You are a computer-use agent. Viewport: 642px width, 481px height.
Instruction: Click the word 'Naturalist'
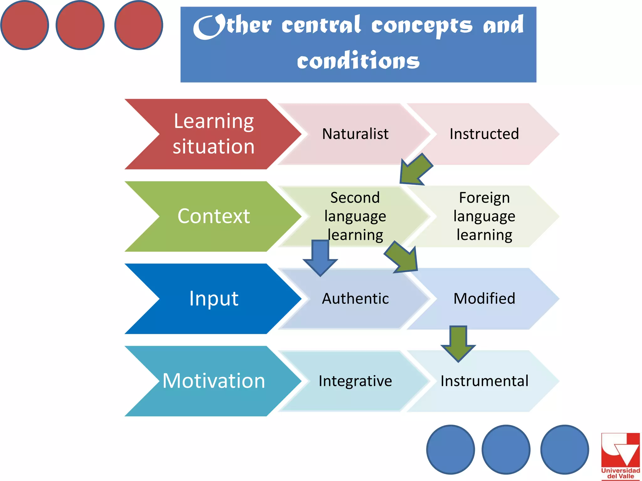[x=355, y=134]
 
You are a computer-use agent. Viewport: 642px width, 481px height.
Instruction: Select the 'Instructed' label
[x=484, y=134]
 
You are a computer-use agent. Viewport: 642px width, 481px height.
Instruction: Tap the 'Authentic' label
[x=355, y=298]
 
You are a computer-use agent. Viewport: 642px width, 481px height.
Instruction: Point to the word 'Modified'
[x=484, y=298]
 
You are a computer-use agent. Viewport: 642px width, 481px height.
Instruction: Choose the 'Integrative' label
[x=355, y=381]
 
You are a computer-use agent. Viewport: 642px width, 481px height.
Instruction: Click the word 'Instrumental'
[x=484, y=381]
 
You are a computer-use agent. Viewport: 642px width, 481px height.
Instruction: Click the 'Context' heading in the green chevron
[x=213, y=216]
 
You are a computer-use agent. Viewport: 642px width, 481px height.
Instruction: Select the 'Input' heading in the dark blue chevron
[x=213, y=298]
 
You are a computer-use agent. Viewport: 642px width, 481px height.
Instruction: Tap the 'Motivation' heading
[x=213, y=381]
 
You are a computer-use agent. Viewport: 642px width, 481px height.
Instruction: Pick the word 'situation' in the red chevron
[x=213, y=147]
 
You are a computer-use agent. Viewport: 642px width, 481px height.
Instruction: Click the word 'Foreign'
[x=484, y=198]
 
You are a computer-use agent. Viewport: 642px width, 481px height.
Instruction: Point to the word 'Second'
[x=355, y=198]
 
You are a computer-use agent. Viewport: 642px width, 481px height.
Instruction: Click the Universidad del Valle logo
[x=620, y=456]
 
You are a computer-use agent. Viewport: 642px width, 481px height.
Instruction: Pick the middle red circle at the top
[x=80, y=25]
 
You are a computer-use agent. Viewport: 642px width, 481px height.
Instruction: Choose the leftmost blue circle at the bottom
[x=450, y=449]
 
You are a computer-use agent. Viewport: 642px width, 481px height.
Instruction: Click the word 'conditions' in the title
[x=358, y=61]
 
